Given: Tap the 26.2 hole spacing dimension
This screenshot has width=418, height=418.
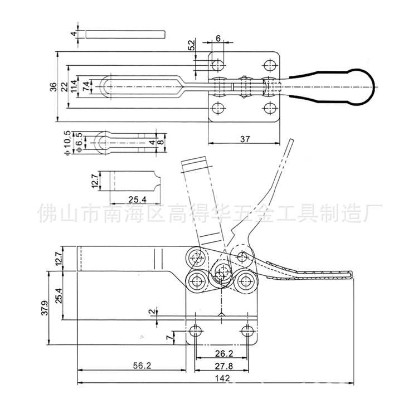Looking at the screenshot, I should (221, 352).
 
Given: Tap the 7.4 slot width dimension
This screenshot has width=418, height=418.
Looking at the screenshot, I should (86, 86).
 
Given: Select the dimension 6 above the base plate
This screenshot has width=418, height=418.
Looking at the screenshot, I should (218, 38).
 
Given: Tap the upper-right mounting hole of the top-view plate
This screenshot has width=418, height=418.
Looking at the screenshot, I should (270, 65).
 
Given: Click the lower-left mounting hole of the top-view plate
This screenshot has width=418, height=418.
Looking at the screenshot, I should (218, 107).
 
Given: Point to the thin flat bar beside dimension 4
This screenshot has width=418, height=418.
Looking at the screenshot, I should (125, 34).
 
